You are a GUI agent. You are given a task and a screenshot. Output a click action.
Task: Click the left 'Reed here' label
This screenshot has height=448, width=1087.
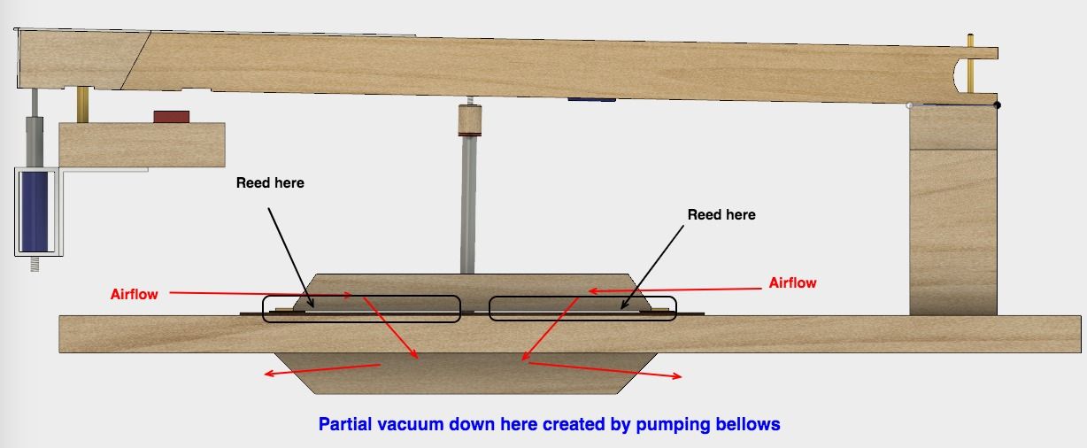pyautogui.click(x=270, y=183)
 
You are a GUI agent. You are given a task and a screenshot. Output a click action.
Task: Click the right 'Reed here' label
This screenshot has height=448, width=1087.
pyautogui.click(x=721, y=215)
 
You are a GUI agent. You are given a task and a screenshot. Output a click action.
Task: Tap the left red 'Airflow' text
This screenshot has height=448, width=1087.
pyautogui.click(x=135, y=294)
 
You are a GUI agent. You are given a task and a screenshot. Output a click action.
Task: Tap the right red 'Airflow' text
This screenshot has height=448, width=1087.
pyautogui.click(x=793, y=282)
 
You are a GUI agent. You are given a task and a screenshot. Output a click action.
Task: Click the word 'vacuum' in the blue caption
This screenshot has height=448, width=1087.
pyautogui.click(x=411, y=424)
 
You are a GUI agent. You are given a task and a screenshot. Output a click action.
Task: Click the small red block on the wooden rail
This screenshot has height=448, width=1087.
pyautogui.click(x=172, y=117)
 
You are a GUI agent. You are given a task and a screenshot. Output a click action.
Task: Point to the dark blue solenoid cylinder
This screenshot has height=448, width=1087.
pyautogui.click(x=35, y=211)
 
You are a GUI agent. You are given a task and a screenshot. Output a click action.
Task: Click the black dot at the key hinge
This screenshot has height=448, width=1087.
pyautogui.click(x=997, y=104)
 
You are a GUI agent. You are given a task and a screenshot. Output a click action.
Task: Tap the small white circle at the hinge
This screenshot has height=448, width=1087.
pyautogui.click(x=909, y=105)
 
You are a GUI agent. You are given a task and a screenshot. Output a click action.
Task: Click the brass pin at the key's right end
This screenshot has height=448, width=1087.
pyautogui.click(x=970, y=63)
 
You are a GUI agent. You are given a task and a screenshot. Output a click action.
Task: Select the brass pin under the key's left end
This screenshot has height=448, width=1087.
pyautogui.click(x=83, y=104)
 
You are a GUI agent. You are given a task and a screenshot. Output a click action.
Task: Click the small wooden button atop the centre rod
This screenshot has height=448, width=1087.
pyautogui.click(x=470, y=120)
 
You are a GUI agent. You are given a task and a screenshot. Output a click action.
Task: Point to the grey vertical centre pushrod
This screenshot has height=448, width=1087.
pyautogui.click(x=467, y=205)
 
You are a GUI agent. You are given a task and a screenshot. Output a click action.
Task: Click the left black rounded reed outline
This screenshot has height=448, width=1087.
pyautogui.click(x=361, y=309)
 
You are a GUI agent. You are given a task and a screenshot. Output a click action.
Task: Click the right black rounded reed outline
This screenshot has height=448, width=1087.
pyautogui.click(x=582, y=308)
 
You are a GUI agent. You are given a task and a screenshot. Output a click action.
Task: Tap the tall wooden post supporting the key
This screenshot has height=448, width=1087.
pyautogui.click(x=953, y=210)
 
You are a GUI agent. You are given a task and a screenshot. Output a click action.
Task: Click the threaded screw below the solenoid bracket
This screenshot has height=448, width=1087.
pyautogui.click(x=35, y=264)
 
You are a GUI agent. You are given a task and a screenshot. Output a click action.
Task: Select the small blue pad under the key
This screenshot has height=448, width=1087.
pyautogui.click(x=592, y=100)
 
